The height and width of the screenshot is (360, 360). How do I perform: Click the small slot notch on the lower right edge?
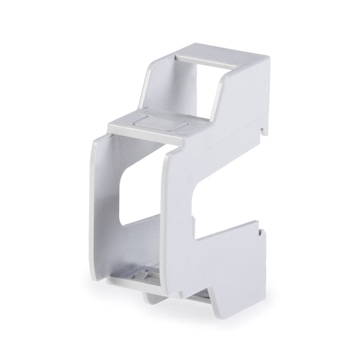pyautogui.click(x=260, y=233)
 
